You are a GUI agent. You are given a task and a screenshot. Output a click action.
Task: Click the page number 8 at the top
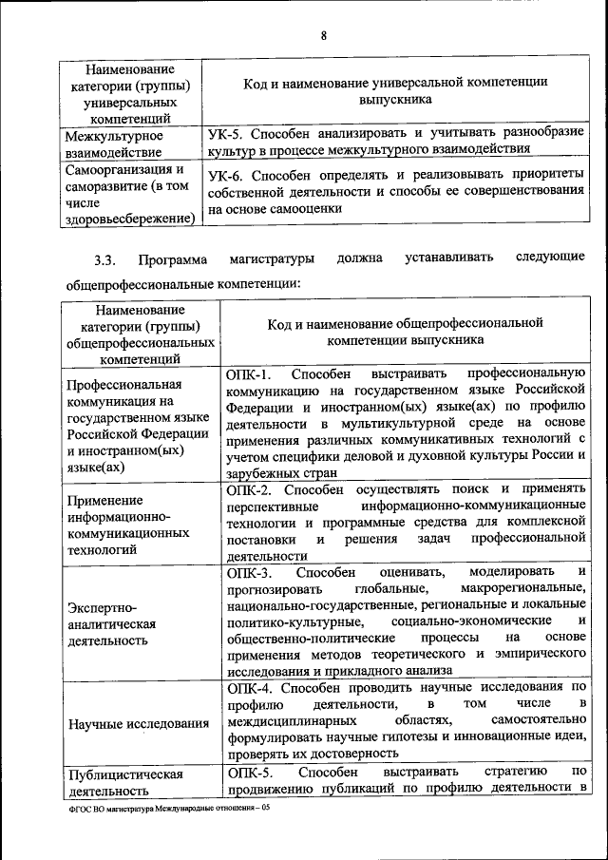323,36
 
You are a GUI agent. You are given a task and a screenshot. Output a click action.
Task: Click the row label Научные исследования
139,724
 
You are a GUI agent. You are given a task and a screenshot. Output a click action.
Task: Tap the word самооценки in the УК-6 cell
308,207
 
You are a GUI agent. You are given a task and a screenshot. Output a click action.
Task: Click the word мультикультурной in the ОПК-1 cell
394,423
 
